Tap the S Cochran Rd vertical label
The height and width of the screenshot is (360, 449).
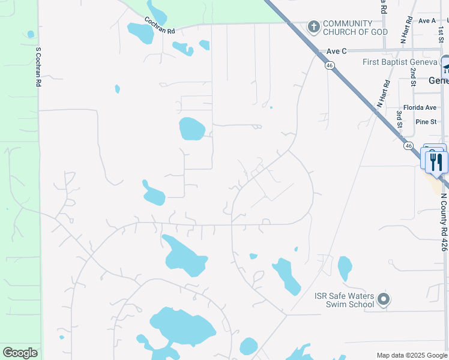(x=38, y=68)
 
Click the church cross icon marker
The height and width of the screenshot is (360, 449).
(x=313, y=27)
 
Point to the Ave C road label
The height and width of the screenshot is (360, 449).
(x=337, y=51)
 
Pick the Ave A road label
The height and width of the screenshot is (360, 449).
(x=427, y=20)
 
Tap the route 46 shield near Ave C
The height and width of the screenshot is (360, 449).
(x=330, y=66)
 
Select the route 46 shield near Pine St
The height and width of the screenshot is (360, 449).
(x=408, y=145)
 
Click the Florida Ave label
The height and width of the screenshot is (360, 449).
(x=420, y=107)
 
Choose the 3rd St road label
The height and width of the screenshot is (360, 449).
(x=399, y=119)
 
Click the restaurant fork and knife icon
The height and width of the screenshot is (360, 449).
(x=436, y=161)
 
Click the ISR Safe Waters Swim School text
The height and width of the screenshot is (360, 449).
(x=345, y=299)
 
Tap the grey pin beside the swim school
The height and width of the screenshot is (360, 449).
(x=385, y=299)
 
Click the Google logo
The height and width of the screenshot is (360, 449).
(x=20, y=353)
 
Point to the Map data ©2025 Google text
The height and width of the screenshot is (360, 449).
(x=411, y=355)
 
